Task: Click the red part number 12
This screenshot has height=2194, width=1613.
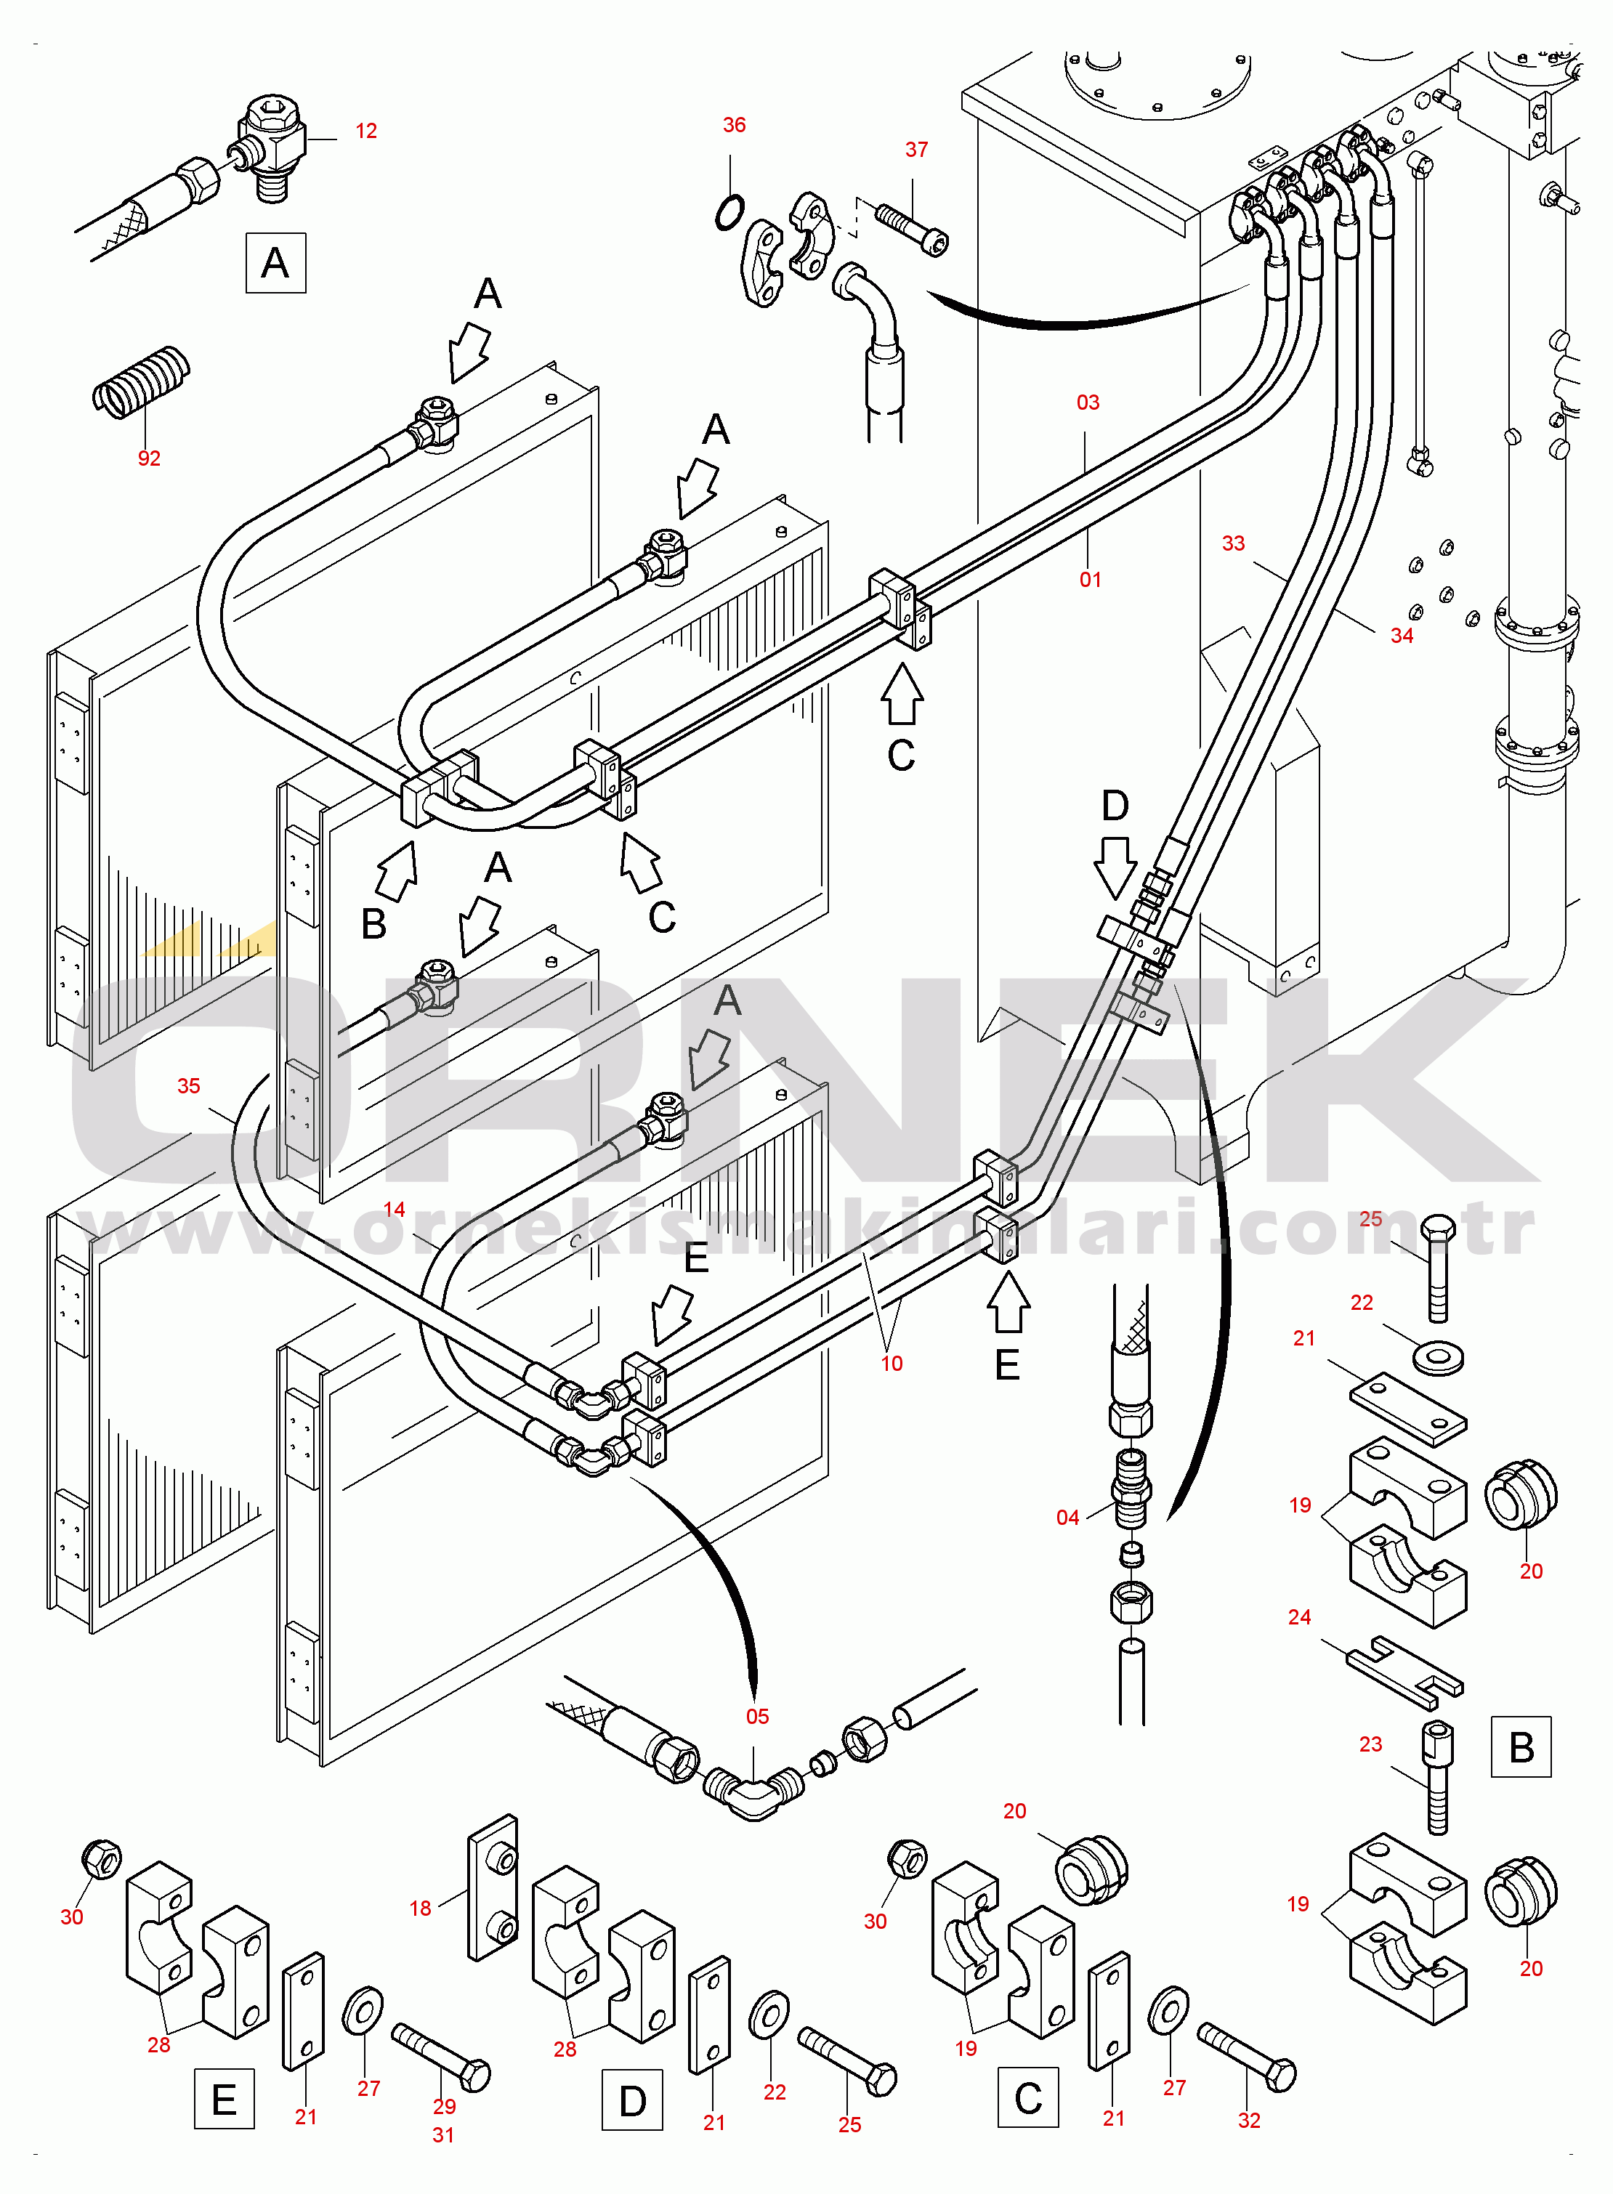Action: [x=366, y=131]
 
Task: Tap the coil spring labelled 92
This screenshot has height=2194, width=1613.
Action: [x=142, y=383]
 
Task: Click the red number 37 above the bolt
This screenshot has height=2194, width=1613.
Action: [x=916, y=150]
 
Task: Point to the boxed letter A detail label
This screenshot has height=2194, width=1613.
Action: [x=275, y=263]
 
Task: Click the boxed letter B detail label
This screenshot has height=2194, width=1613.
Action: [x=1520, y=1746]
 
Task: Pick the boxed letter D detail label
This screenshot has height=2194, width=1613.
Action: [x=631, y=2100]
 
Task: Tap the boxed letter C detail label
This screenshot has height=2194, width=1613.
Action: [x=1027, y=2097]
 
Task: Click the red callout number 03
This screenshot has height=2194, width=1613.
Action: [x=1088, y=402]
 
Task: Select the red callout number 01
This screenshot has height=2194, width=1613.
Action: [x=1090, y=580]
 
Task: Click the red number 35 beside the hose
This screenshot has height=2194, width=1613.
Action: [x=188, y=1086]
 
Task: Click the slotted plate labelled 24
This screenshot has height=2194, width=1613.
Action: [x=1405, y=1672]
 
